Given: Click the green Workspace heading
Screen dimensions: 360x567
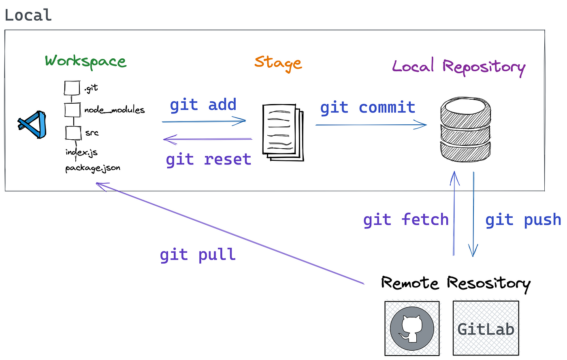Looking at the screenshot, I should point(85,62).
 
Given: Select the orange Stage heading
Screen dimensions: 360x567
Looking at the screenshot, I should point(278,63).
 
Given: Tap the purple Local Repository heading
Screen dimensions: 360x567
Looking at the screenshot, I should point(458,67).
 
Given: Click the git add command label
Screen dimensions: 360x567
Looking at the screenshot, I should point(203,105).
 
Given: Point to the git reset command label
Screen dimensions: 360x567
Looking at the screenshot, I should point(209,159).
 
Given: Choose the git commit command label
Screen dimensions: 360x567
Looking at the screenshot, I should point(368,108).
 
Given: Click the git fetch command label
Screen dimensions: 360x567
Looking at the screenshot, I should point(406,219).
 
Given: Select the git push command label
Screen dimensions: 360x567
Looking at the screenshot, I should point(523,219).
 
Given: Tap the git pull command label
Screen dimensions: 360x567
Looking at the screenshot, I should point(198,255).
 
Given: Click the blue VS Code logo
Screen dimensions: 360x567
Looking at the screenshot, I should point(33,124).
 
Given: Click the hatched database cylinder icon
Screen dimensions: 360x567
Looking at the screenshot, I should point(465,129).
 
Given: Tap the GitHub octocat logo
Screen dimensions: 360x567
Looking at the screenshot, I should point(412,328).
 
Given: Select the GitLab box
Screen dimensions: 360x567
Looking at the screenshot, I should point(486,328).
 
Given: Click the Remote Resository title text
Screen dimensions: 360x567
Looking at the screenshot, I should point(456,283).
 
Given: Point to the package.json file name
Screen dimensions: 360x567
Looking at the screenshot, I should point(93,168).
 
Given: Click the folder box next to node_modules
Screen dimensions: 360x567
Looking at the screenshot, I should point(72,110).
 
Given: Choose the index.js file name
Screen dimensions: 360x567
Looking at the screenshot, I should point(81,152).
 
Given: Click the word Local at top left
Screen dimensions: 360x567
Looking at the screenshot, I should point(28,15).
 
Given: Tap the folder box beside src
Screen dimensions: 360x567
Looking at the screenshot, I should point(73,133).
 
